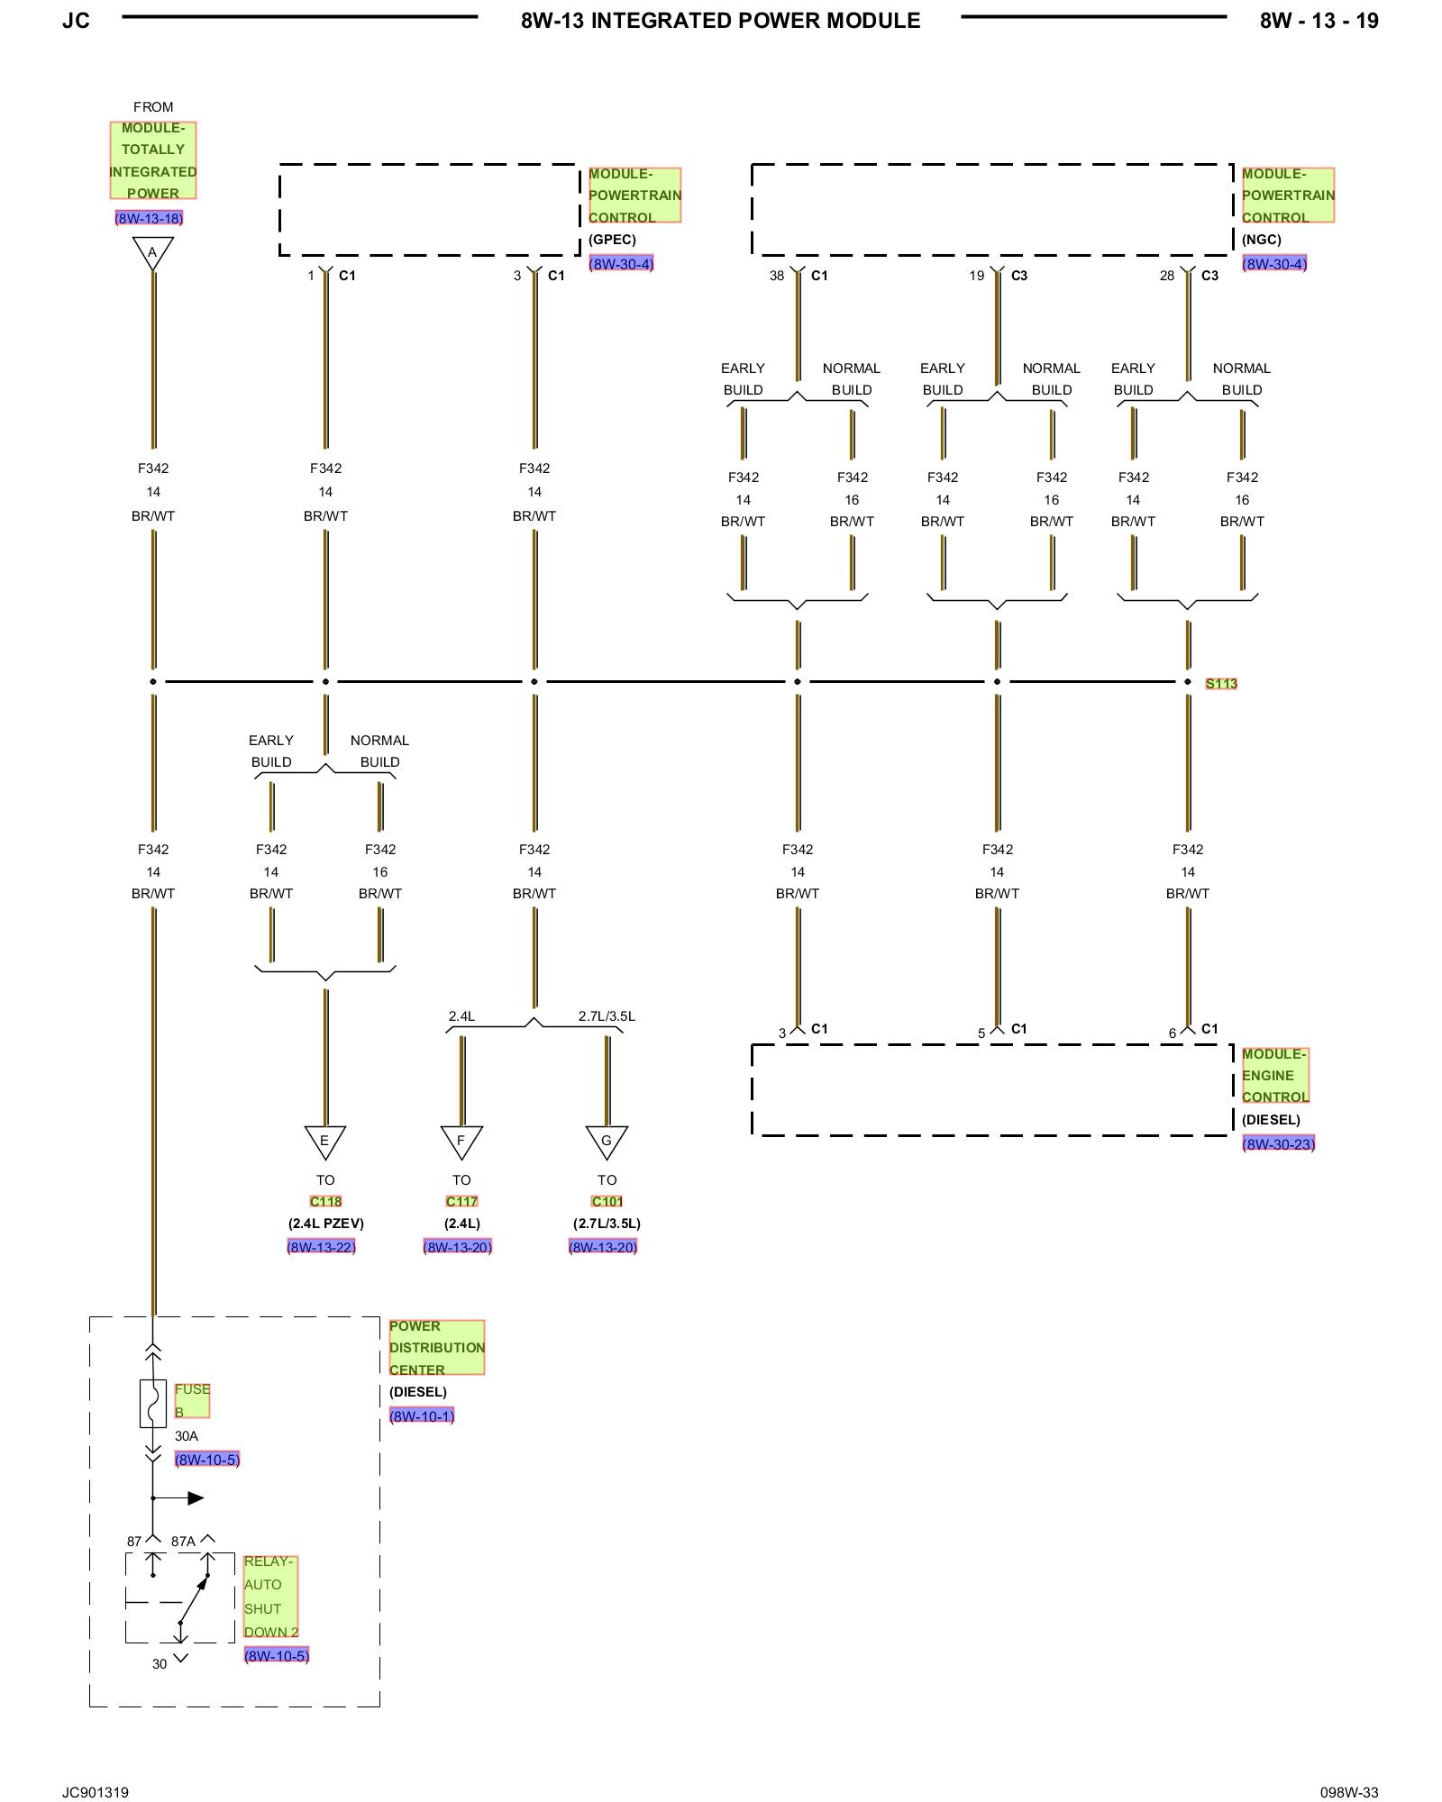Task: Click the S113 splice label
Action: pyautogui.click(x=1221, y=684)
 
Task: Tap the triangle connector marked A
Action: pyautogui.click(x=152, y=252)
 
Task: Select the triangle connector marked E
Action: pyautogui.click(x=325, y=1142)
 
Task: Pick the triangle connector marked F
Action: pyautogui.click(x=461, y=1142)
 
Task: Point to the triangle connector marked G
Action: pyautogui.click(x=607, y=1142)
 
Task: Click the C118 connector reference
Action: pyautogui.click(x=325, y=1202)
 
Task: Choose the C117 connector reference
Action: pyautogui.click(x=461, y=1202)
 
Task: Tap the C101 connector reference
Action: pyautogui.click(x=607, y=1202)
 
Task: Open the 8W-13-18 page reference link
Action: pyautogui.click(x=149, y=218)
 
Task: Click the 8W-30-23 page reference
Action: pyautogui.click(x=1278, y=1144)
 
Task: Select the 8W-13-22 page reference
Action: pyautogui.click(x=321, y=1247)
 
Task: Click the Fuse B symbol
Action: pyautogui.click(x=152, y=1404)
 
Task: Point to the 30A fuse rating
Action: pyautogui.click(x=187, y=1436)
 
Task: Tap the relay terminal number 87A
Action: pyautogui.click(x=183, y=1542)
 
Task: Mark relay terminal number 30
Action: pyautogui.click(x=160, y=1664)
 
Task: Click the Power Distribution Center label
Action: pyautogui.click(x=436, y=1348)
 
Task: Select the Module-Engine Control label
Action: pyautogui.click(x=1274, y=1075)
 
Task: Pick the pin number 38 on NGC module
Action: pyautogui.click(x=777, y=276)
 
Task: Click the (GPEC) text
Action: pyautogui.click(x=612, y=240)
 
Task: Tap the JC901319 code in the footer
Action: pyautogui.click(x=96, y=1792)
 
